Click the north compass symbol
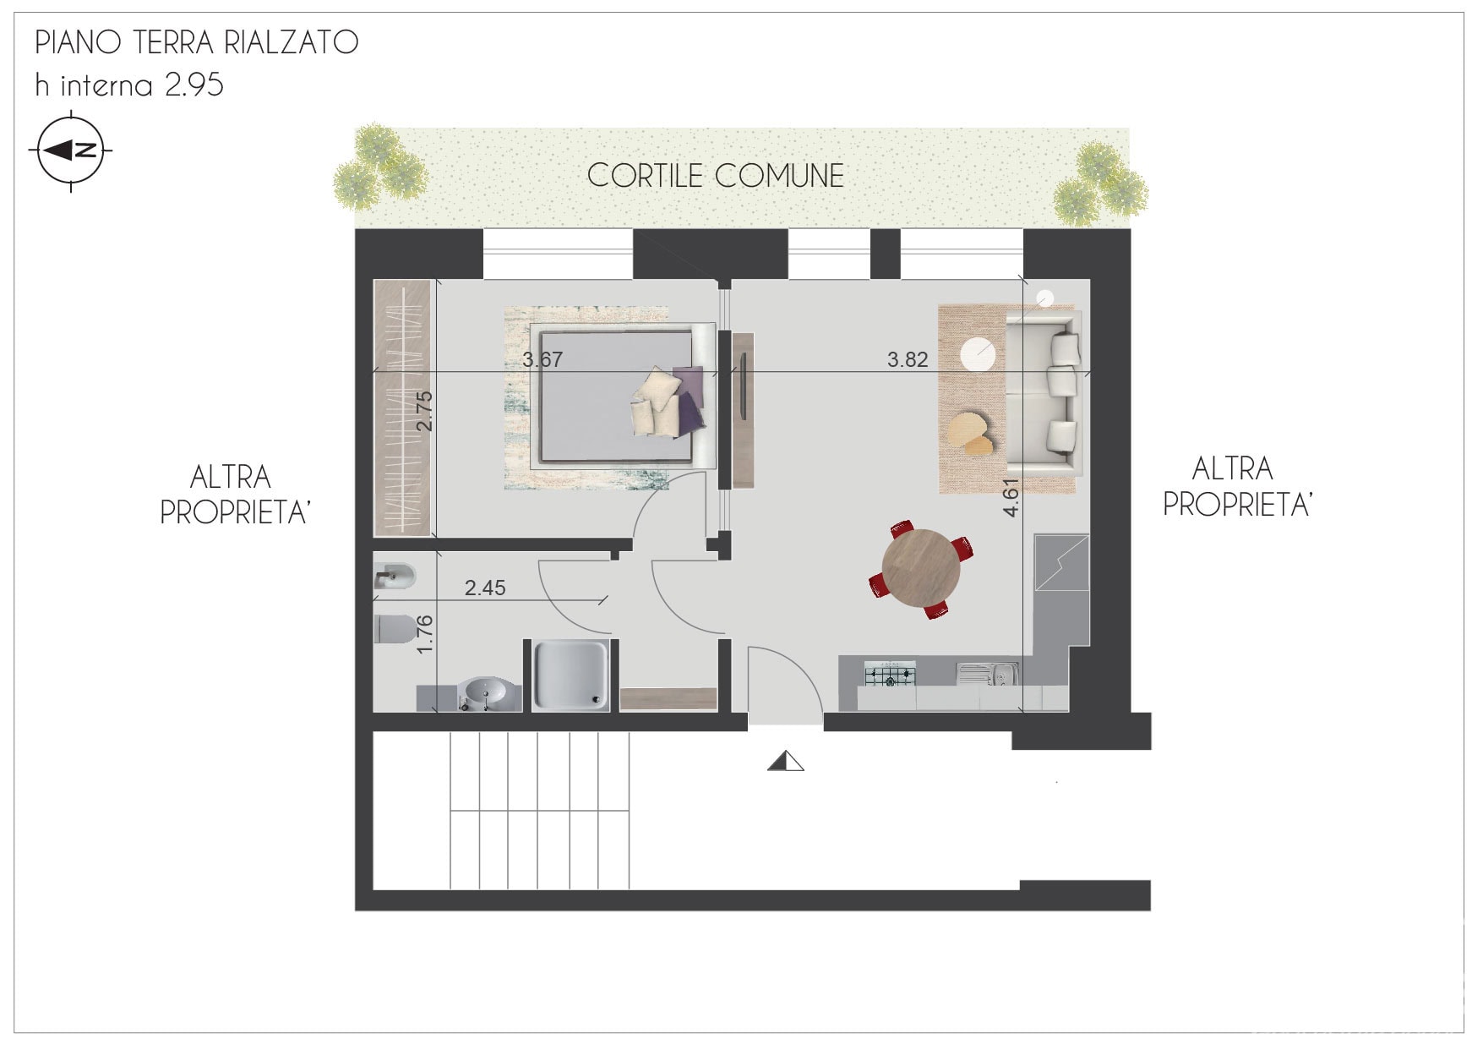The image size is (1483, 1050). (71, 151)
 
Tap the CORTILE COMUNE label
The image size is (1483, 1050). (716, 176)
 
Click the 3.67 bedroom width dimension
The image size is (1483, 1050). (542, 359)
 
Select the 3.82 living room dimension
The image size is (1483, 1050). (908, 359)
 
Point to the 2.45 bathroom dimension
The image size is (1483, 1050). (485, 588)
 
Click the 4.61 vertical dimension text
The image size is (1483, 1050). (1011, 496)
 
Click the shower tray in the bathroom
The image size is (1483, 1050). (571, 674)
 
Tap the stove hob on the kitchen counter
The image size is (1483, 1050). (889, 674)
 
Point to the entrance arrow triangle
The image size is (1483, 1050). (786, 761)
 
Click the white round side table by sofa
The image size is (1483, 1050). (979, 353)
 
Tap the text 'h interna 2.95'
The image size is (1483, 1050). (129, 85)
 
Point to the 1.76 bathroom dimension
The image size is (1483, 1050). (425, 632)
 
